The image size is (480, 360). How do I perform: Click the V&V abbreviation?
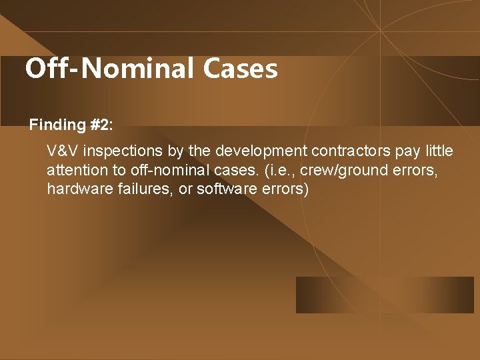tap(63, 150)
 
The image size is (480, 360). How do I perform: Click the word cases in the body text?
tap(238, 169)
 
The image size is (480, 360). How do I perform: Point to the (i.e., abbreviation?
tap(281, 169)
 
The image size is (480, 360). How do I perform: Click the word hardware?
tap(75, 189)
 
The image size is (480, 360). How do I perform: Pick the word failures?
tap(134, 189)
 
